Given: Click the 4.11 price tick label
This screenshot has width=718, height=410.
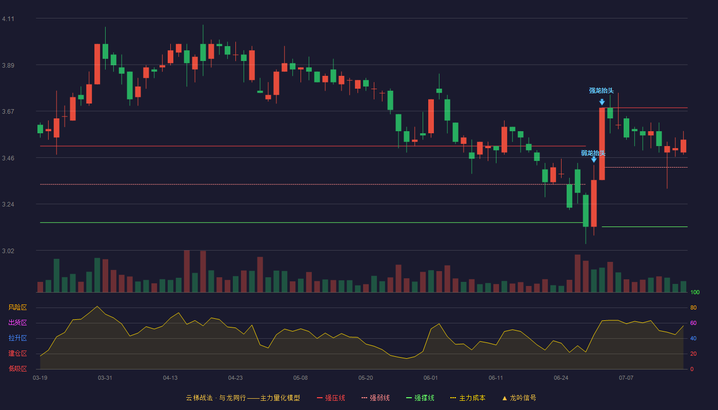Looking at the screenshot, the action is pyautogui.click(x=8, y=19).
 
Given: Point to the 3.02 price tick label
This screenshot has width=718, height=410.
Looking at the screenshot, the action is pyautogui.click(x=8, y=251).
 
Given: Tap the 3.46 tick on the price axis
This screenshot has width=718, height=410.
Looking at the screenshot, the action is pyautogui.click(x=8, y=158).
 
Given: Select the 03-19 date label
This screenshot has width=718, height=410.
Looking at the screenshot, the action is pyautogui.click(x=40, y=378).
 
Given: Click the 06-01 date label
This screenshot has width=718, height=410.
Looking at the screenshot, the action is pyautogui.click(x=430, y=378).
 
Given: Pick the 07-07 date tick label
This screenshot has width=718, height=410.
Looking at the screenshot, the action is pyautogui.click(x=626, y=378).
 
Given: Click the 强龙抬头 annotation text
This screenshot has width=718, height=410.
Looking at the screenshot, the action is pyautogui.click(x=601, y=91).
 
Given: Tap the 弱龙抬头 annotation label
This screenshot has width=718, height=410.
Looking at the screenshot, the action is pyautogui.click(x=593, y=153).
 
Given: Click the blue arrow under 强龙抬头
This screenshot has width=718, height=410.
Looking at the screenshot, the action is pyautogui.click(x=602, y=102).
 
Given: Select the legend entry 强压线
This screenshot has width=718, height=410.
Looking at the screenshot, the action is pyautogui.click(x=331, y=398).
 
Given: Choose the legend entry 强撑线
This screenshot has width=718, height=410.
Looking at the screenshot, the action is pyautogui.click(x=420, y=398).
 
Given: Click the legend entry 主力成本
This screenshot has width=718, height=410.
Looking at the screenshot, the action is pyautogui.click(x=468, y=398).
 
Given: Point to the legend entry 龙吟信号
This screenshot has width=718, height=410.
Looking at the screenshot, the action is pyautogui.click(x=519, y=398).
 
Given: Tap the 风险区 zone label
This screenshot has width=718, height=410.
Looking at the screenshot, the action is pyautogui.click(x=17, y=307).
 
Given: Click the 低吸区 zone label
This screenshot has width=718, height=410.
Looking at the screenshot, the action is pyautogui.click(x=17, y=369).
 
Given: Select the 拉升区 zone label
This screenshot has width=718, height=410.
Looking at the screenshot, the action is pyautogui.click(x=17, y=338).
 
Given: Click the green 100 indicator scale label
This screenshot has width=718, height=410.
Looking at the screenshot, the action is pyautogui.click(x=695, y=292).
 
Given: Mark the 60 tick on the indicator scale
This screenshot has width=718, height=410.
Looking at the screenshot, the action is pyautogui.click(x=693, y=323).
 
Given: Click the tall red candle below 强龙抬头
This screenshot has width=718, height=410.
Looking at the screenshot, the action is pyautogui.click(x=602, y=144).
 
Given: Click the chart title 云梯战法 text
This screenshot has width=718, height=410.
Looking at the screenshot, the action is pyautogui.click(x=200, y=398).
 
